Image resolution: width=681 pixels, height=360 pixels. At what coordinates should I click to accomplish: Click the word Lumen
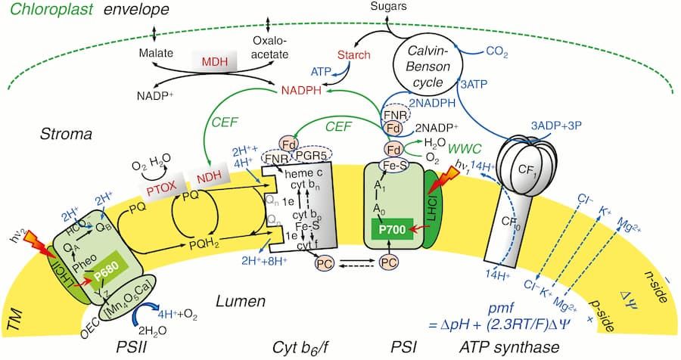(238, 302)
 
